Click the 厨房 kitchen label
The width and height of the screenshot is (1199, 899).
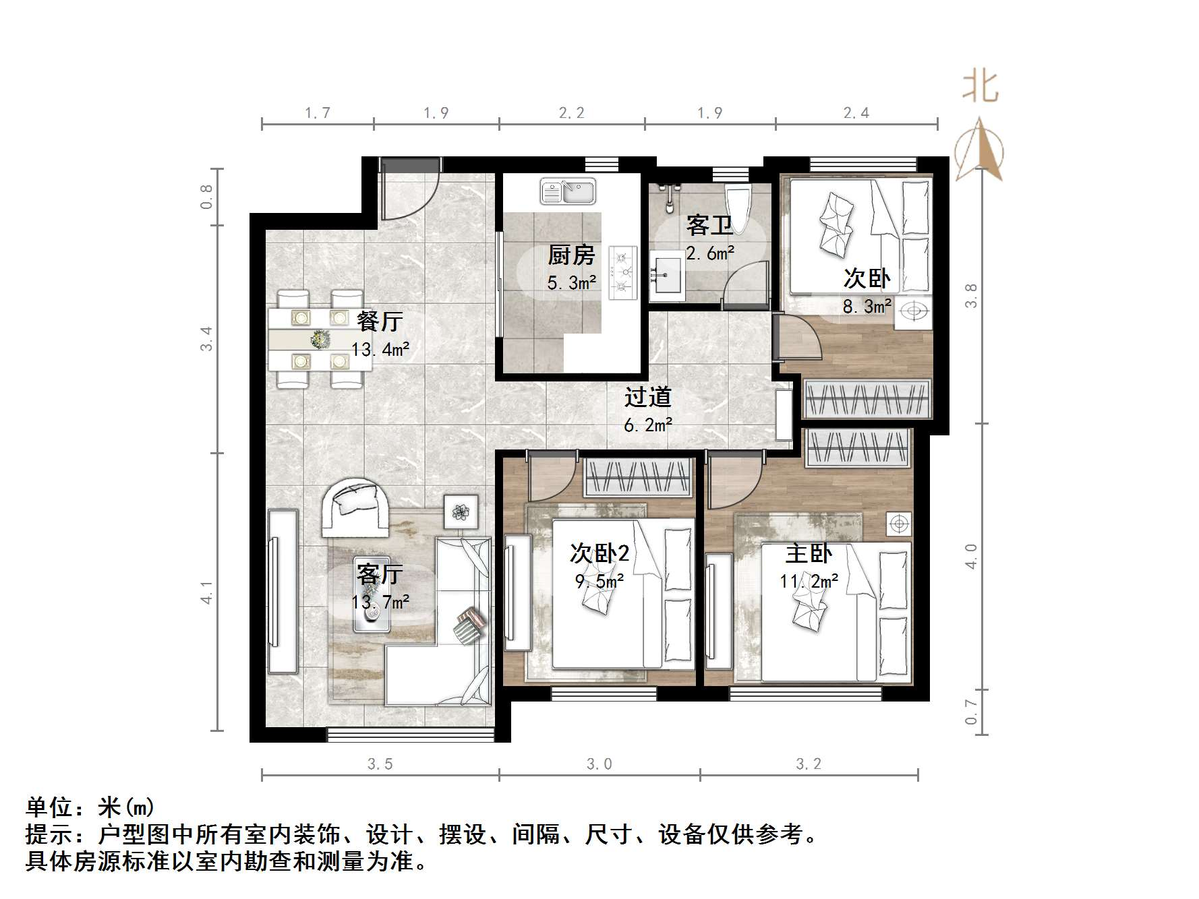coord(571,255)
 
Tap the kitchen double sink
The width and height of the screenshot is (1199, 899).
coord(568,191)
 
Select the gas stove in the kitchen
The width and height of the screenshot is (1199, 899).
coord(622,272)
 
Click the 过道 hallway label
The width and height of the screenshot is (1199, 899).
coord(647,398)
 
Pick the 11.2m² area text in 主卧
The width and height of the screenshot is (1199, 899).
coord(809,581)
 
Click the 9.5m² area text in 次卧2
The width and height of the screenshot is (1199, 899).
coord(599,581)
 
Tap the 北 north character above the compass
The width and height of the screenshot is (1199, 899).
coord(980,88)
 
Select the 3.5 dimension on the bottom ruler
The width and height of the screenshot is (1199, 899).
coord(380,764)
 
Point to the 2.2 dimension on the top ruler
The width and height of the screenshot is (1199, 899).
coord(571,113)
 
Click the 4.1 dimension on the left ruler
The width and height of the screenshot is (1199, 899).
coord(207,592)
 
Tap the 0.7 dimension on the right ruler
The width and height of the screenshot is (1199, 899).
coord(971,712)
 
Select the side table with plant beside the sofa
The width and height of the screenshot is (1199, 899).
coord(461,512)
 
